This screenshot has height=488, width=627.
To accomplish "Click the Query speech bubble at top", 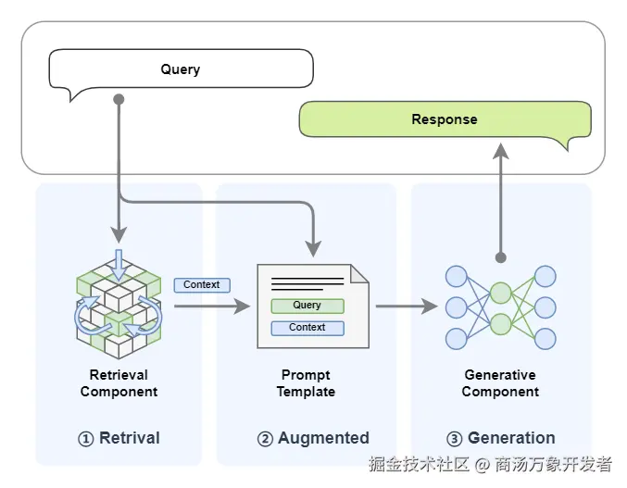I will click(x=181, y=69).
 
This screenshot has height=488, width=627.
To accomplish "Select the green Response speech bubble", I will click(x=445, y=119).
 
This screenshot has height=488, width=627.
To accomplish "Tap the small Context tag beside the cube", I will click(x=202, y=285).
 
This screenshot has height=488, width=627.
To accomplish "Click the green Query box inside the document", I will click(x=307, y=306).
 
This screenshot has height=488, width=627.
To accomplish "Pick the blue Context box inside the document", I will click(x=307, y=328).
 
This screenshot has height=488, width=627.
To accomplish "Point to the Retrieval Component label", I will click(x=119, y=383).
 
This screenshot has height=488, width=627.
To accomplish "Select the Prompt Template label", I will click(x=306, y=383).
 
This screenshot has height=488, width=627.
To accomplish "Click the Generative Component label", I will click(x=500, y=383).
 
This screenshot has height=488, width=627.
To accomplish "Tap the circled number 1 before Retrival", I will click(x=85, y=439).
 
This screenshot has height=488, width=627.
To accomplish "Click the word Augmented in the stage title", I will click(x=323, y=438).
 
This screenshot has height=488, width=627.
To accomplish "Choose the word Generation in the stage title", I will click(x=511, y=438).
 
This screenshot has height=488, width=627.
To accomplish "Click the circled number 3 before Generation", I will click(x=454, y=439).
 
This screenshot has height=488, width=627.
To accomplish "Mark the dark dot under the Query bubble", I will click(x=119, y=99).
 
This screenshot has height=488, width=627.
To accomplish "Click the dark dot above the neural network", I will click(x=500, y=257).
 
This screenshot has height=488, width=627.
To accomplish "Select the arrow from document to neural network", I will click(x=406, y=307).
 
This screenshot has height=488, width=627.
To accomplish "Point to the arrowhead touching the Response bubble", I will click(x=500, y=150).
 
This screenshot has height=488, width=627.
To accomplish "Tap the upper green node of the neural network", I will click(x=500, y=293).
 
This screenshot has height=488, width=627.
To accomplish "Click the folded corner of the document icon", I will click(x=359, y=274).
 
